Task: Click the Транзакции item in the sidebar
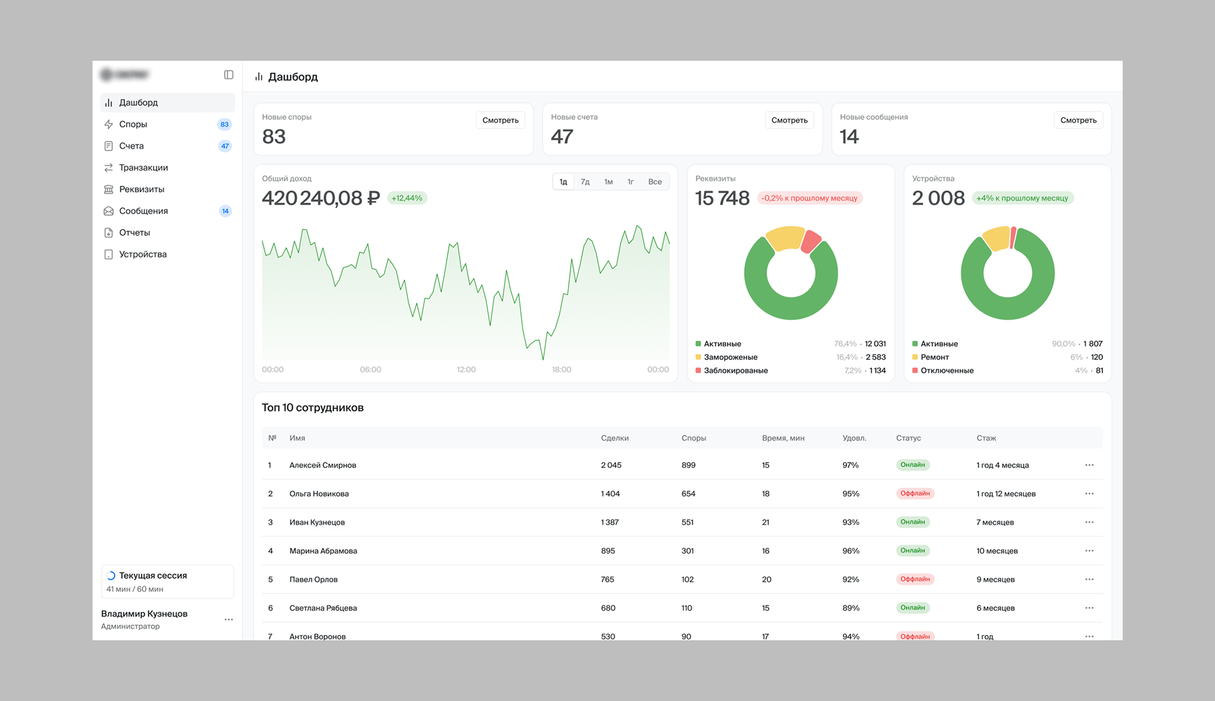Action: tap(143, 168)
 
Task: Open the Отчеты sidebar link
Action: tap(134, 232)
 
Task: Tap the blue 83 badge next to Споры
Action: tap(224, 124)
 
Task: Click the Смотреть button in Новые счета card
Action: tap(789, 120)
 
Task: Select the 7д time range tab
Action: tap(585, 182)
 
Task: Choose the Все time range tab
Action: tap(655, 182)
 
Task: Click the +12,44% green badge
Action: tap(407, 198)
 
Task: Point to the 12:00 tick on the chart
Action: tap(466, 369)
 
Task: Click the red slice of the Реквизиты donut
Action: tap(811, 241)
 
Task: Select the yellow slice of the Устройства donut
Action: tap(997, 238)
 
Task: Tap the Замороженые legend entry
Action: tap(730, 357)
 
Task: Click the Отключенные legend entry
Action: tap(946, 370)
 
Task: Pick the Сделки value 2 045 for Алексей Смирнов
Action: tap(611, 465)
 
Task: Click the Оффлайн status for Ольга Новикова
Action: tap(915, 494)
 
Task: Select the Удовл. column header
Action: tap(854, 438)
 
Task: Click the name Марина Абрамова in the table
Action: tap(323, 551)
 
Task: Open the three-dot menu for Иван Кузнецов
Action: tap(1089, 522)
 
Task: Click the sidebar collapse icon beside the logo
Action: tap(229, 75)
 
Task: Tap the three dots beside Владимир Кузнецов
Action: tap(228, 619)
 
